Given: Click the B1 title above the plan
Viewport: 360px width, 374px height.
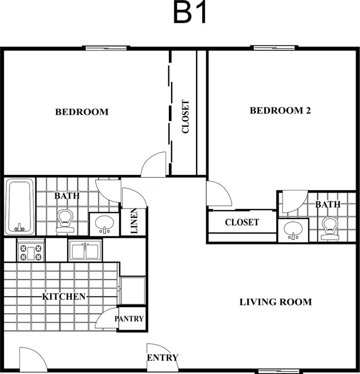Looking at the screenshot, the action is point(189,12).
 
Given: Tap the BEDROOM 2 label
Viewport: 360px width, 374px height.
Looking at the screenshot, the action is point(280,111).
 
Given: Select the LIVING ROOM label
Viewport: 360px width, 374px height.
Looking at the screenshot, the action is point(275,302).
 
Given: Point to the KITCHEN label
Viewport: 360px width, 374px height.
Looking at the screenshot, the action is point(64,297).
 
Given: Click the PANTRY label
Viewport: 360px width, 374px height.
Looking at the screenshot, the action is point(129,319).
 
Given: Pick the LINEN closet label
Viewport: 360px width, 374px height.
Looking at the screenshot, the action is point(134,221).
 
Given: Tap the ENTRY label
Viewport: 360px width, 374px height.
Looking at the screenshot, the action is point(163,357).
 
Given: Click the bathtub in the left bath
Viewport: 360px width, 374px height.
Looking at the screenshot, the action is point(20,206).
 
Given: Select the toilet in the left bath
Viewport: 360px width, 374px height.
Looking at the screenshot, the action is point(65,221).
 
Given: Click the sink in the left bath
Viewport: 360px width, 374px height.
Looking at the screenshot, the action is point(104,224).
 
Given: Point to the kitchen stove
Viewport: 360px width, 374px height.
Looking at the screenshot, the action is point(31,251).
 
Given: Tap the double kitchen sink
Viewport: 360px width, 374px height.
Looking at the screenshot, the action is point(85,251).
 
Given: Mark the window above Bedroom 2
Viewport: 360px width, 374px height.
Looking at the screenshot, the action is point(274,48).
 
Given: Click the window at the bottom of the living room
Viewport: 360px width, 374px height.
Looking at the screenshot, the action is point(279,371).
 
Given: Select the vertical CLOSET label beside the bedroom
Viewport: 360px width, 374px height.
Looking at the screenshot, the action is point(186,116).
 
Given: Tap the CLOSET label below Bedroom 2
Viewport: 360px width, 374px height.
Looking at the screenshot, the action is point(242,222).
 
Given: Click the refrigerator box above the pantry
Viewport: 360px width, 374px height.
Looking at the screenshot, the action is point(132,291).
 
